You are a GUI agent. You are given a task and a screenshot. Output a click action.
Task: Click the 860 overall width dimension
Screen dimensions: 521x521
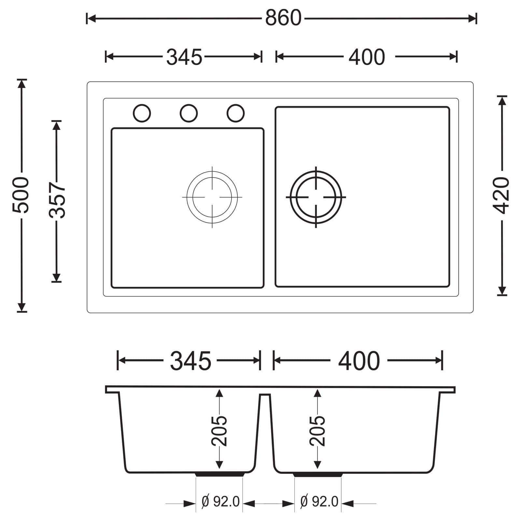point(283,18)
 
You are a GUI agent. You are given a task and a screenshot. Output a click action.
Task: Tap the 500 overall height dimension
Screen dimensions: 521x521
point(21,195)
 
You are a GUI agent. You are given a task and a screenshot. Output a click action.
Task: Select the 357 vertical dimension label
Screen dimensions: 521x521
point(57,200)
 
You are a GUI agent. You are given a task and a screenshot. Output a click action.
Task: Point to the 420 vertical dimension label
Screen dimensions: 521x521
point(502,195)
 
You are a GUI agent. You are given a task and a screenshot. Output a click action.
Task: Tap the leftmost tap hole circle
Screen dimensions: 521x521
point(142,113)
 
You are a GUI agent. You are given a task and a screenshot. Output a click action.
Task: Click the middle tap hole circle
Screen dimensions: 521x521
point(189,113)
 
